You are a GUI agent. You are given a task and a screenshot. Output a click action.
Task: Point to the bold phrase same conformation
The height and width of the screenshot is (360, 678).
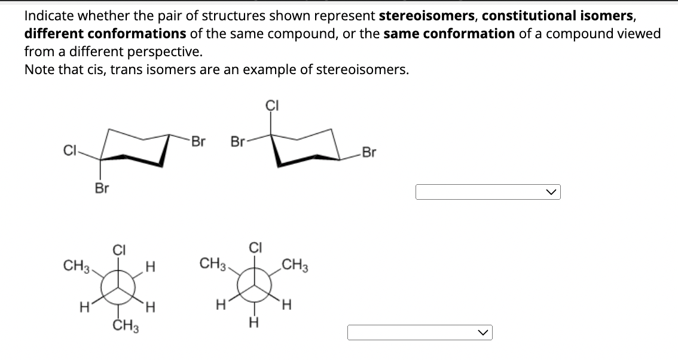click(448, 34)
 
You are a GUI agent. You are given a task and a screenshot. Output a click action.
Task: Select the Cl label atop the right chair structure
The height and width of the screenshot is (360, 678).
click(271, 106)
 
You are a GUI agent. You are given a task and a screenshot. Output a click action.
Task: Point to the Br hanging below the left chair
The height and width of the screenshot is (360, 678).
click(102, 188)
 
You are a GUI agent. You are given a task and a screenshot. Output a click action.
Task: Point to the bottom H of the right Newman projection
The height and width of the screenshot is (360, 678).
click(254, 324)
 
